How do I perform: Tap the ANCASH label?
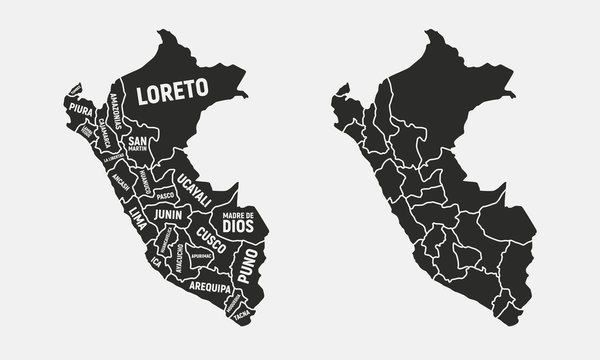point(122,183)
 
